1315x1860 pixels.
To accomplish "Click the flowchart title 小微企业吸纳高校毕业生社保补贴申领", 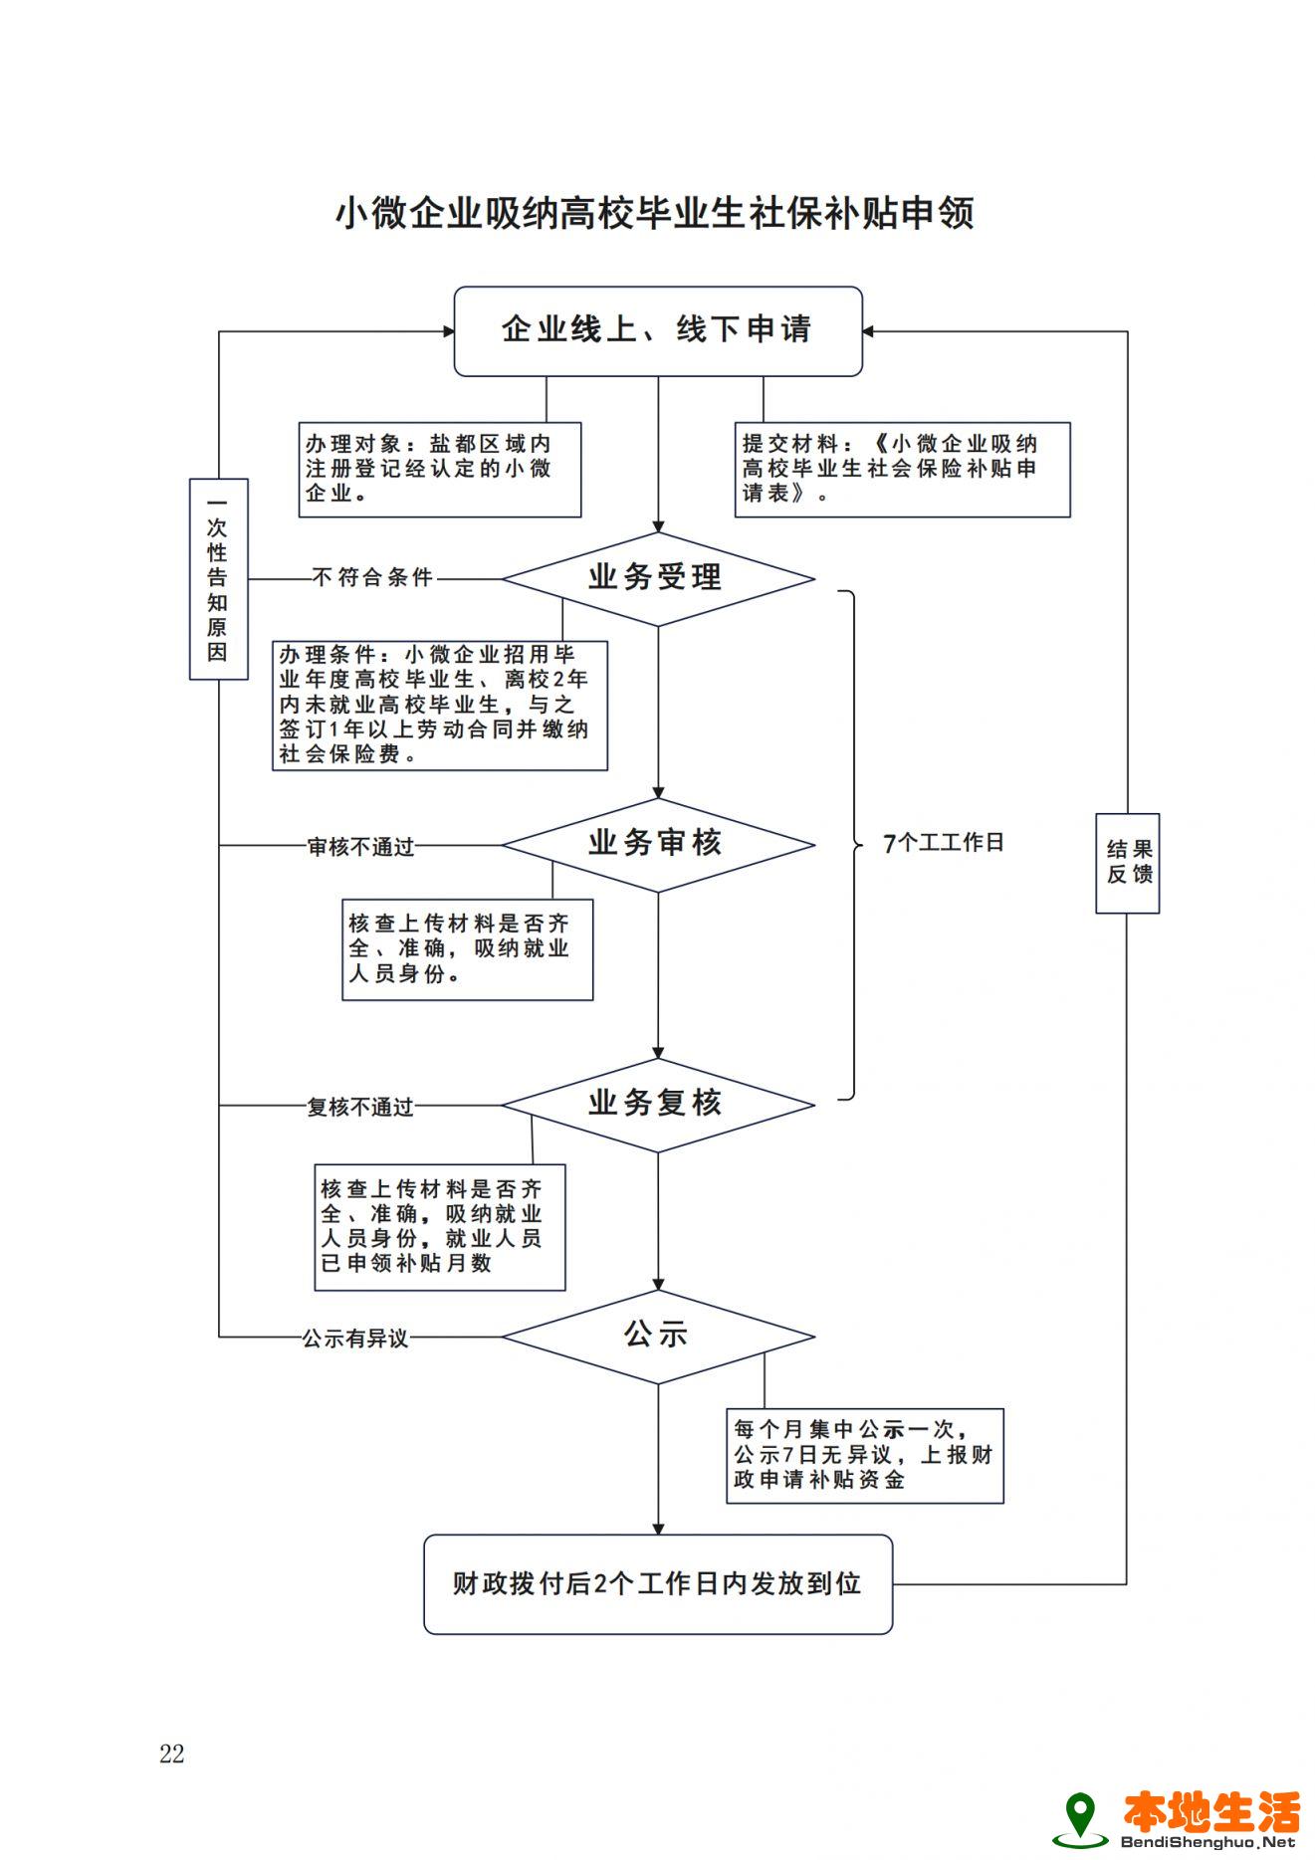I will (x=654, y=214).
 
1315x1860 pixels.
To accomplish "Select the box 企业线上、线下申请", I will (x=657, y=331).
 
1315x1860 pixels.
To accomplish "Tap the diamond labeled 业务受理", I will (x=657, y=578).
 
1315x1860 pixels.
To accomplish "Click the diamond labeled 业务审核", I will (x=657, y=845).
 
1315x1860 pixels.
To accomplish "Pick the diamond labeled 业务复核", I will (x=657, y=1105).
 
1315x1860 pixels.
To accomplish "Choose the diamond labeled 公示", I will (x=657, y=1337).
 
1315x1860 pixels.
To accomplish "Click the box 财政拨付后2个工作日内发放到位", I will (x=657, y=1584).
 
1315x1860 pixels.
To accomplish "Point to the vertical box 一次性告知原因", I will (x=218, y=579).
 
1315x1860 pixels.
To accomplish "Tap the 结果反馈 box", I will (x=1127, y=863).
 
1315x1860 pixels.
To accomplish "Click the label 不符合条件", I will (x=372, y=578).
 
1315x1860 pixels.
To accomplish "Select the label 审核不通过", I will (x=360, y=847).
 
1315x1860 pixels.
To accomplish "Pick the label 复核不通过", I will (x=360, y=1107).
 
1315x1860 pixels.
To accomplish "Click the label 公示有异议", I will (x=355, y=1339).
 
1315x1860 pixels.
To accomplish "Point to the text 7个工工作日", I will (x=944, y=843).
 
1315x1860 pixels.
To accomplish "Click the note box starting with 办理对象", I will (x=439, y=469).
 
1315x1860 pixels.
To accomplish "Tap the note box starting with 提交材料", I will (x=902, y=469).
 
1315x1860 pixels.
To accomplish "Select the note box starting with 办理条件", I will (x=439, y=705).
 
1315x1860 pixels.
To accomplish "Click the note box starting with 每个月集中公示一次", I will (x=864, y=1455).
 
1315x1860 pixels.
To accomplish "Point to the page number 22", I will (x=172, y=1754).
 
